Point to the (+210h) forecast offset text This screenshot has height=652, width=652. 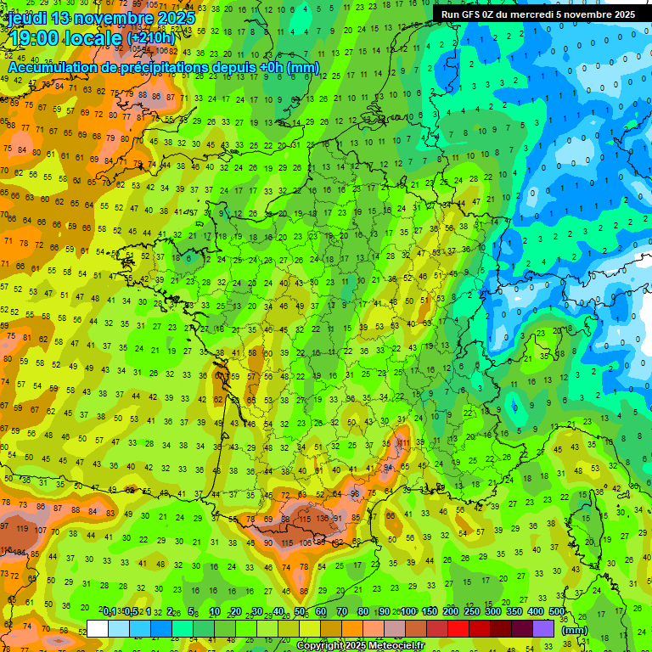[151, 38]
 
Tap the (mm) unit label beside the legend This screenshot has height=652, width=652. [575, 630]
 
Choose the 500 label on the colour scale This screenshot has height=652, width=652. [557, 612]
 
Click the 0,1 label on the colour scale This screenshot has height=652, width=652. [110, 612]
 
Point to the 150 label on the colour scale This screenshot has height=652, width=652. [430, 612]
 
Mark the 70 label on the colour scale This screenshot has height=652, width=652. [342, 612]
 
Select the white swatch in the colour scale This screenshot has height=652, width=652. [98, 628]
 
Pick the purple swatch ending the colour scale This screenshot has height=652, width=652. [543, 628]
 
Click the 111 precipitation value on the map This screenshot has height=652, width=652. [404, 443]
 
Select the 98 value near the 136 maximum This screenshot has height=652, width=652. [356, 494]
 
